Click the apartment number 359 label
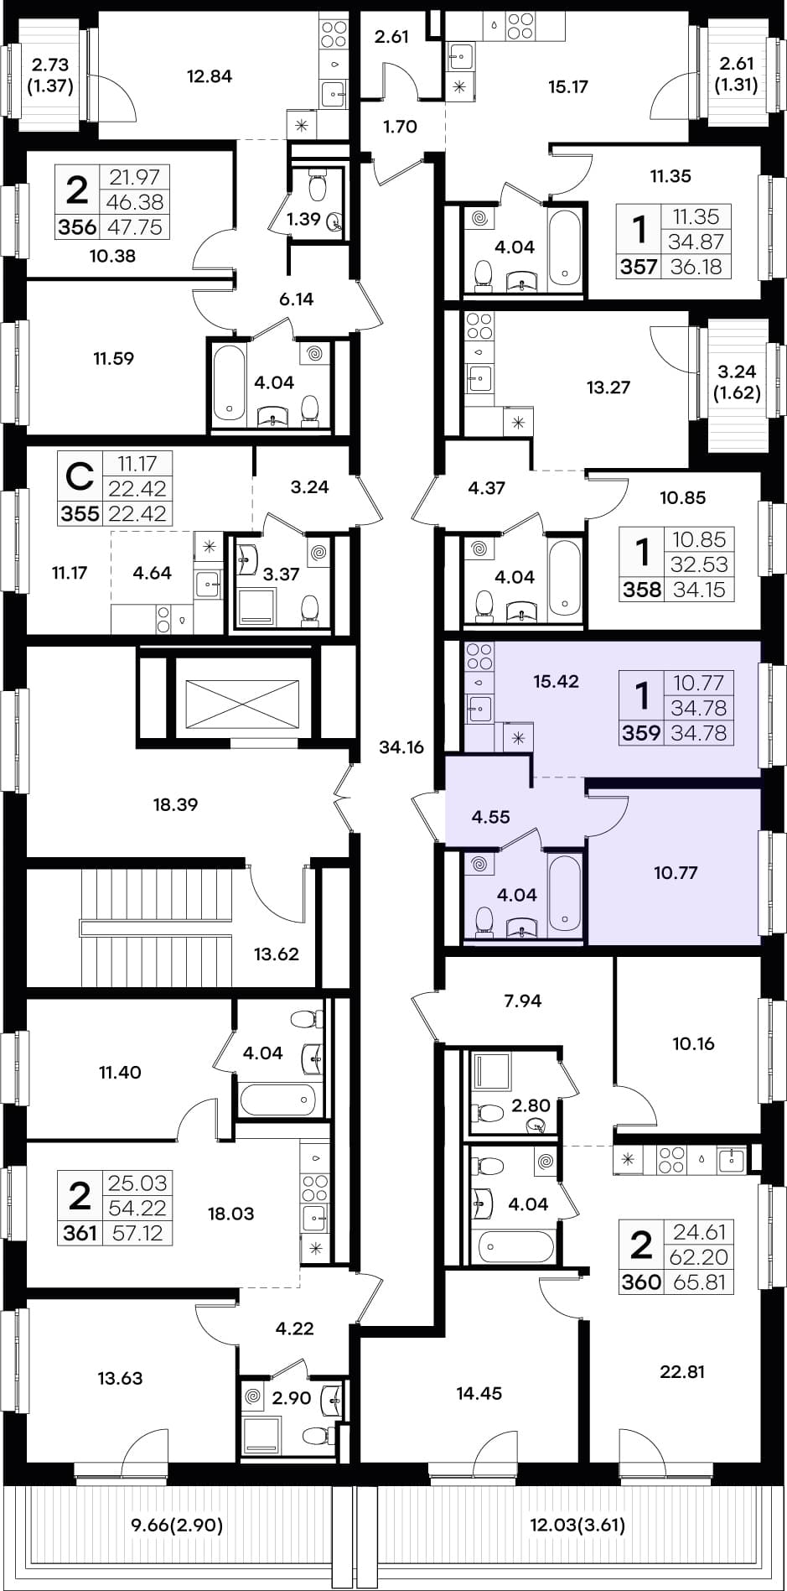click(x=641, y=733)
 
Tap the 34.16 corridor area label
click(x=401, y=747)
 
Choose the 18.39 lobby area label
click(x=175, y=804)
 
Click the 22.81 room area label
click(x=682, y=1372)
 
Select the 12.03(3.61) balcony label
click(x=577, y=1525)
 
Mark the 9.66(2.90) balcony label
click(x=178, y=1525)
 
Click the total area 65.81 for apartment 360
click(x=698, y=1282)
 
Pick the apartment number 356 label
click(x=77, y=227)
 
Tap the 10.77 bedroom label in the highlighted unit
click(x=676, y=873)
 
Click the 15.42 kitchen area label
click(x=557, y=681)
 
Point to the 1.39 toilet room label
click(x=303, y=220)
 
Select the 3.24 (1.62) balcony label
click(x=738, y=382)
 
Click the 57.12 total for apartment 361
click(x=137, y=1233)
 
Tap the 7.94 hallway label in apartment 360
click(x=523, y=1001)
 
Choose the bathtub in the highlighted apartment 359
click(x=564, y=893)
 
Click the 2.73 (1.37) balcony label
click(x=50, y=75)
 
